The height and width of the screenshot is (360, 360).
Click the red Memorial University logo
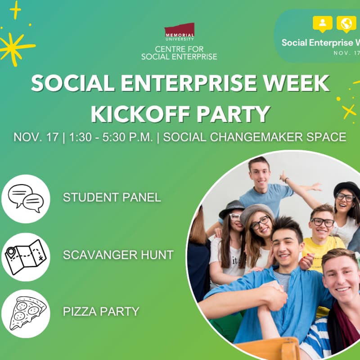click(179, 31)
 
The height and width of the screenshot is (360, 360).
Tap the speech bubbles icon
click(26, 198)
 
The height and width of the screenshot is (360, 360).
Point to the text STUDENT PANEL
click(112, 198)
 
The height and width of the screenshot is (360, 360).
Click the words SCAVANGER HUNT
click(118, 255)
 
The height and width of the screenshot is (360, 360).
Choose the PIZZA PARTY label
click(101, 311)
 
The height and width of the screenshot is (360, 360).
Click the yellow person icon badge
click(322, 24)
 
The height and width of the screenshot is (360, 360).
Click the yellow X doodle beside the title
click(349, 111)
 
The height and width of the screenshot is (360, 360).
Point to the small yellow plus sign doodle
click(15, 9)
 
